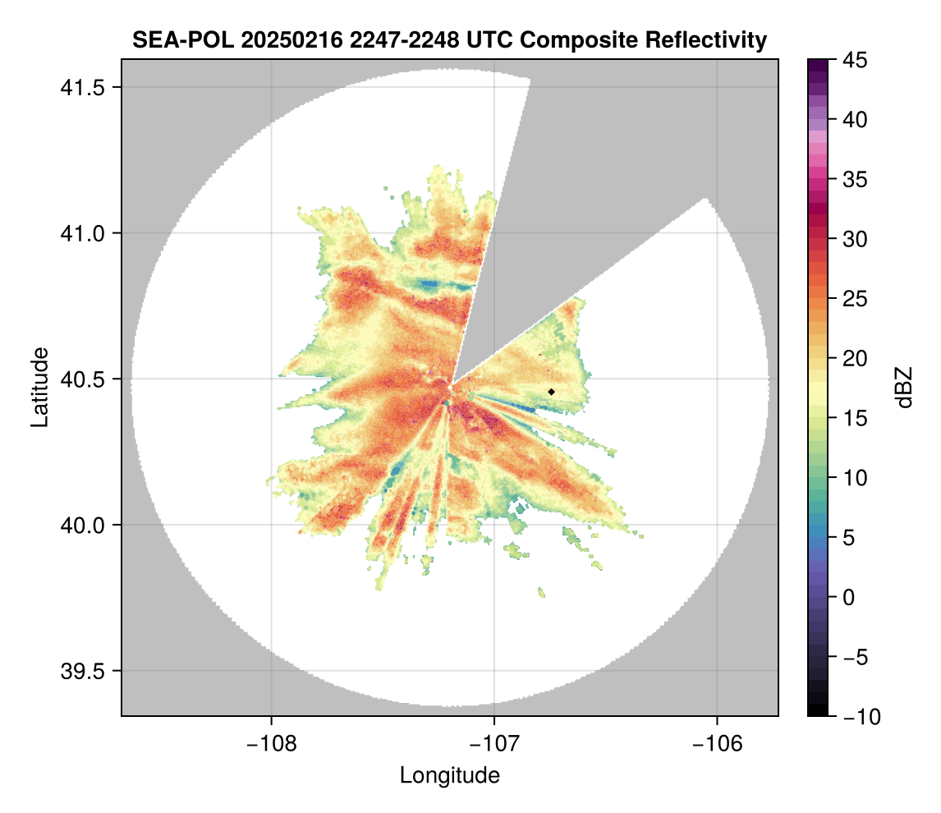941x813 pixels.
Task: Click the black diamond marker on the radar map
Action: [x=551, y=392]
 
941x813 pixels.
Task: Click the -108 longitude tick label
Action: [x=270, y=744]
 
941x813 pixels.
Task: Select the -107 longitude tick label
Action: [x=494, y=744]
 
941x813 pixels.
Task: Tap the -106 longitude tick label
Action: [x=718, y=744]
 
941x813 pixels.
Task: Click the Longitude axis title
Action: [x=450, y=775]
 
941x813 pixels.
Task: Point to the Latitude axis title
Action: [x=39, y=387]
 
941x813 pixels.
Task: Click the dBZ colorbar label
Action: [x=904, y=387]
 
